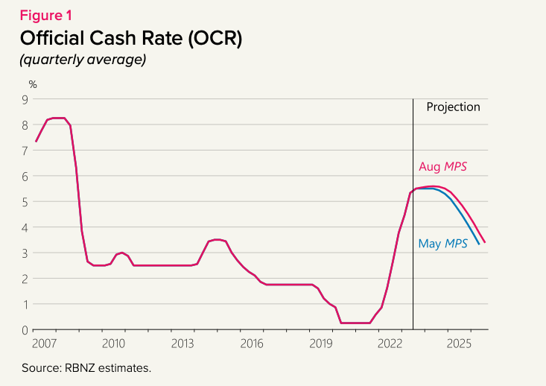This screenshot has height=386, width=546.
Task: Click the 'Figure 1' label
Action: point(47,16)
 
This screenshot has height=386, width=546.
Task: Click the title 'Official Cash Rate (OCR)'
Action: point(131,39)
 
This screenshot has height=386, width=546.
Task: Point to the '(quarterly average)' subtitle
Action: point(82,60)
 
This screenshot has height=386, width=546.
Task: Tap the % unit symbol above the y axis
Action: point(32,83)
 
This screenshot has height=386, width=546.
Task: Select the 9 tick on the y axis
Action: point(25,99)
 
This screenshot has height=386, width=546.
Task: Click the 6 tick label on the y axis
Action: point(25,176)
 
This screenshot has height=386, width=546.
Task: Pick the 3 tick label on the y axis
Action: point(25,253)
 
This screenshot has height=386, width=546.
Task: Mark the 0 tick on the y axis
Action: point(25,330)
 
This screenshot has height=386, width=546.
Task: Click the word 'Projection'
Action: point(453,107)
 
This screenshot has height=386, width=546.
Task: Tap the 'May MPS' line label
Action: point(442,244)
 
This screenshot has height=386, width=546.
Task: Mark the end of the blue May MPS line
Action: point(479,244)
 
